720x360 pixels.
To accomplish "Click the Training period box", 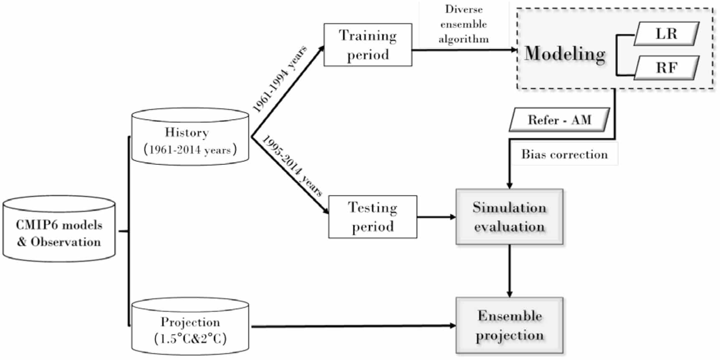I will pyautogui.click(x=368, y=45).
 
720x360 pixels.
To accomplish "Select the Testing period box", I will pyautogui.click(x=372, y=217).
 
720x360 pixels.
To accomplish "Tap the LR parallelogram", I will pyautogui.click(x=666, y=34).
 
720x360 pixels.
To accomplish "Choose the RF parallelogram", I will pyautogui.click(x=666, y=68).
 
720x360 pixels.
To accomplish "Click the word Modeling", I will pyautogui.click(x=565, y=54).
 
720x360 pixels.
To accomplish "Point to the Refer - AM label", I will pyautogui.click(x=559, y=120).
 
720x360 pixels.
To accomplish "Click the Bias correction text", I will pyautogui.click(x=564, y=154).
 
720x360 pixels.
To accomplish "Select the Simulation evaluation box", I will pyautogui.click(x=509, y=217).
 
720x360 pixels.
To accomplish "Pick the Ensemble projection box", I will pyautogui.click(x=509, y=325).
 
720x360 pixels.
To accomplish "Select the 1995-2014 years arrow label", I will pyautogui.click(x=292, y=166).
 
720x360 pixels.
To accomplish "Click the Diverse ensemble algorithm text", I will pyautogui.click(x=463, y=24).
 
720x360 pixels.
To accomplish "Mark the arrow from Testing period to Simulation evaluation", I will pyautogui.click(x=436, y=217).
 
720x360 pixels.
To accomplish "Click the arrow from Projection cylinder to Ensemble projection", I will pyautogui.click(x=353, y=326).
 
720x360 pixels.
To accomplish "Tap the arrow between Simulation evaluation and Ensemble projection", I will pyautogui.click(x=509, y=270).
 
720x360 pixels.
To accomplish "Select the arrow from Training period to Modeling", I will pyautogui.click(x=463, y=50).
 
